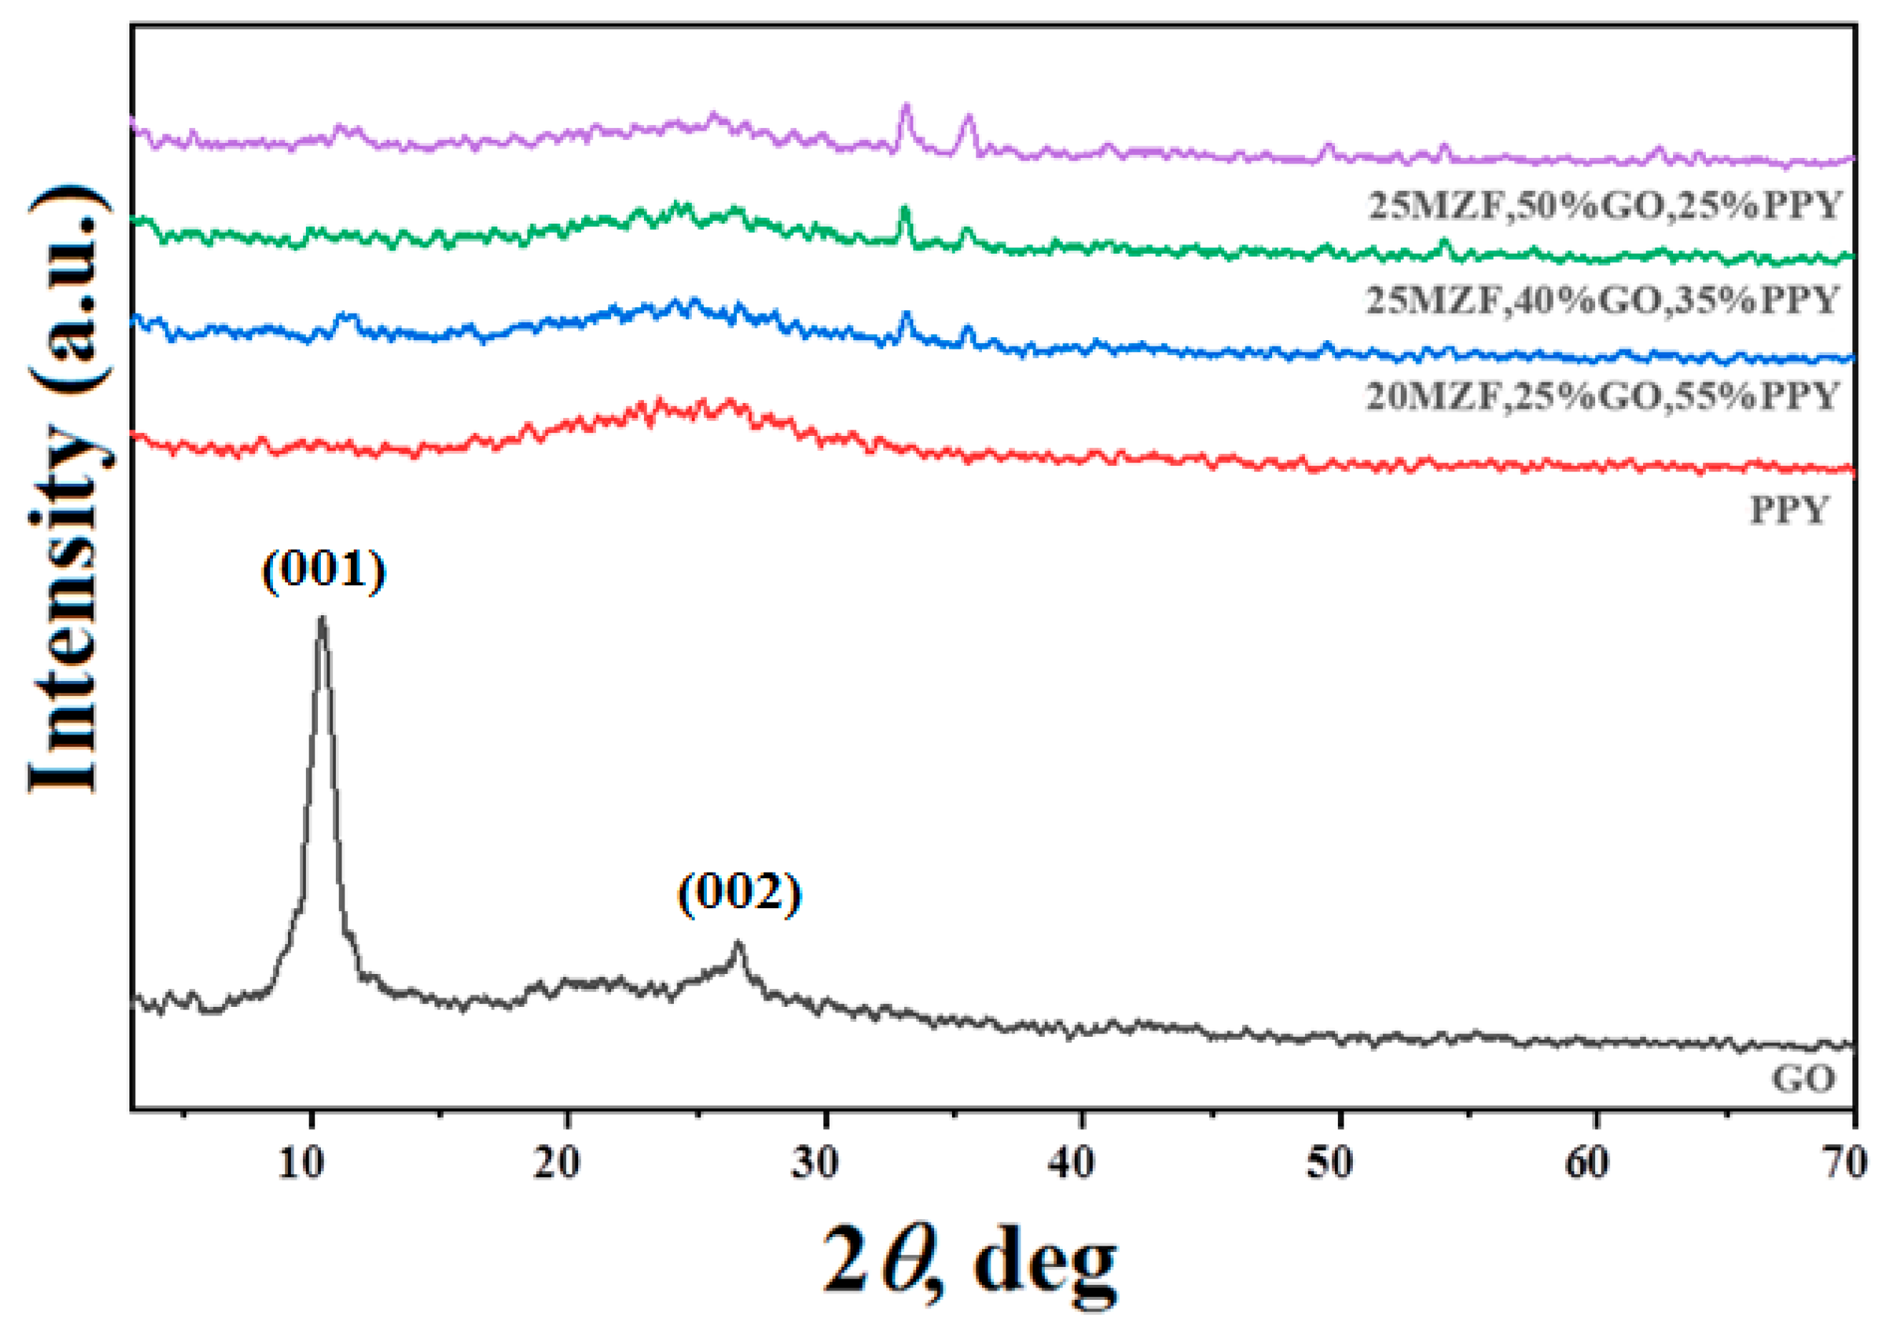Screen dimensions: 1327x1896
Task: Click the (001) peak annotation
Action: tap(324, 569)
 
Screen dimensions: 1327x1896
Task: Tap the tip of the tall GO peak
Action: tap(322, 619)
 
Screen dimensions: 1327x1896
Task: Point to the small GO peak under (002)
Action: tap(738, 943)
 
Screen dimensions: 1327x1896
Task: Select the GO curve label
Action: tap(1802, 1078)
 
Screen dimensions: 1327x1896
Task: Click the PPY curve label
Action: tap(1790, 510)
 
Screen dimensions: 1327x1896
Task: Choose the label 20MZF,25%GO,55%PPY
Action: tap(1602, 397)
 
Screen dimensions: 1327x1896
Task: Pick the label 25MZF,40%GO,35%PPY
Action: tap(1602, 299)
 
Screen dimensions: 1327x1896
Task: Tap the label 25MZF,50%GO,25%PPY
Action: tap(1604, 205)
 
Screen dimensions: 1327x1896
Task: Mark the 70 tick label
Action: tap(1843, 1164)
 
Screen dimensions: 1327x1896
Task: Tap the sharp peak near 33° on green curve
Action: tap(904, 208)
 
